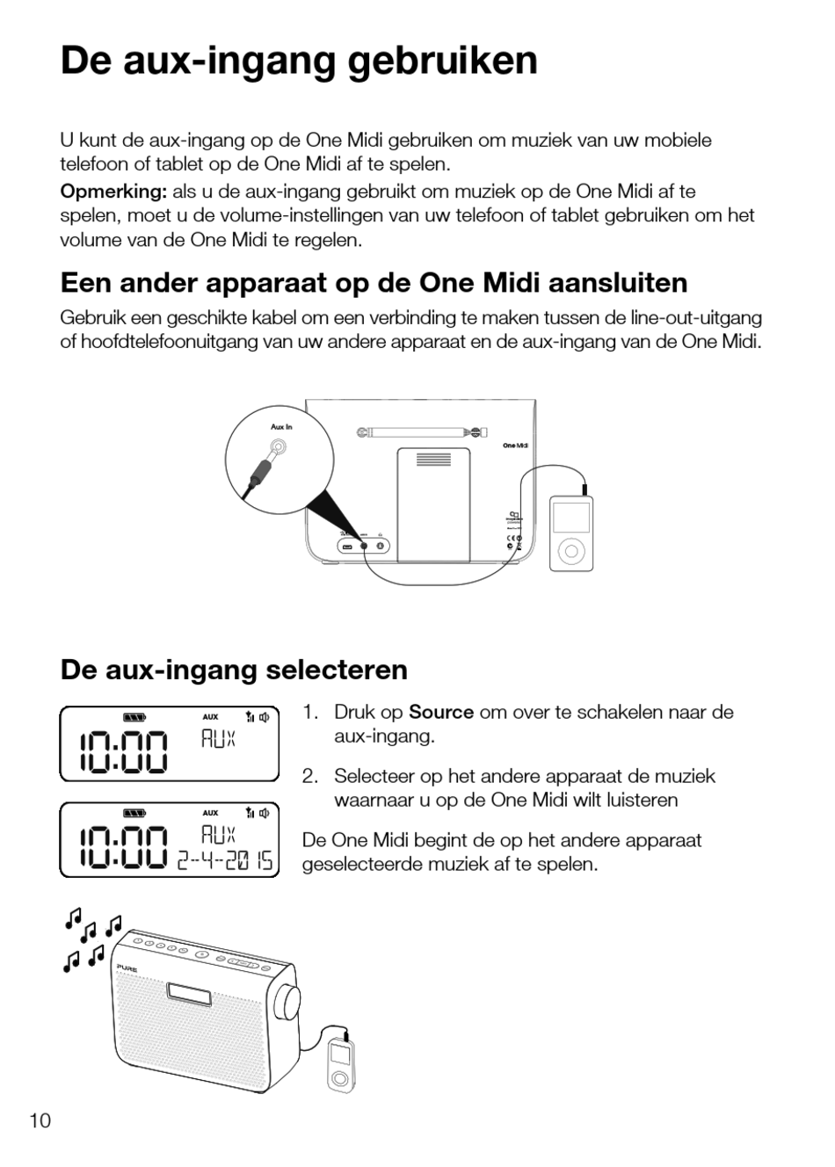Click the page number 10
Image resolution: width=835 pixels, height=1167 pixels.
40,1120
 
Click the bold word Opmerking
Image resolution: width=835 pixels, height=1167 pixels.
113,192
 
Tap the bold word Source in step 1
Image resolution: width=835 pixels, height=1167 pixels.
441,712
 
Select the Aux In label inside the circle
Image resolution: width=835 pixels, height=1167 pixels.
281,427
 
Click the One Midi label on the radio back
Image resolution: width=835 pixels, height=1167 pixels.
515,446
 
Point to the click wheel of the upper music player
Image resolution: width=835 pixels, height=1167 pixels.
571,552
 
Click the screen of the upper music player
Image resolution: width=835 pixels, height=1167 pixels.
571,518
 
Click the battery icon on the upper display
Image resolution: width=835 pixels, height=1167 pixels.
134,717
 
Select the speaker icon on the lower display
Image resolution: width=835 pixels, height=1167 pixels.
265,813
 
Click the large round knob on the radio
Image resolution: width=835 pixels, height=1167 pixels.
287,997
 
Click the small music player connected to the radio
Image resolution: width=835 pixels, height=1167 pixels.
340,1063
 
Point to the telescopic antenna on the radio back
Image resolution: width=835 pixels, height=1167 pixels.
422,432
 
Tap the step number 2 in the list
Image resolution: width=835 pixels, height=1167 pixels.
309,776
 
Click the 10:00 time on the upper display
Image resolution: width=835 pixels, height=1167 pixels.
122,754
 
